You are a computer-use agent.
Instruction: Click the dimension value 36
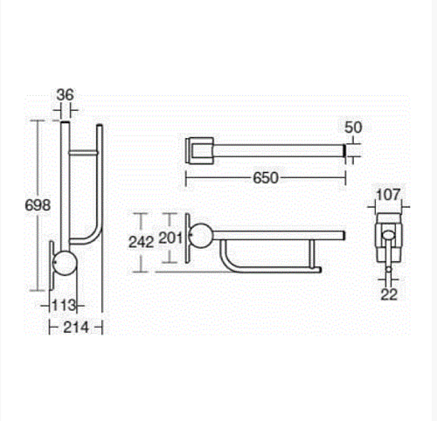click(x=66, y=95)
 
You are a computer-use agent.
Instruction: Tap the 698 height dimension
click(x=38, y=205)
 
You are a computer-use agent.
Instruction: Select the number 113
click(x=64, y=306)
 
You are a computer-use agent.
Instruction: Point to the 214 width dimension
click(x=76, y=328)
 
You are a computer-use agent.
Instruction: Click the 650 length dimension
click(x=266, y=178)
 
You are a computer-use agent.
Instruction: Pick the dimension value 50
click(x=353, y=128)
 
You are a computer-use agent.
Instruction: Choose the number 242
click(x=142, y=242)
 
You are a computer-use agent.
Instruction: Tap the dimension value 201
click(x=170, y=238)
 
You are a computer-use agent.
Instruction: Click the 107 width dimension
click(x=388, y=195)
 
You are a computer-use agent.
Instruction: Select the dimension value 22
click(x=389, y=295)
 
